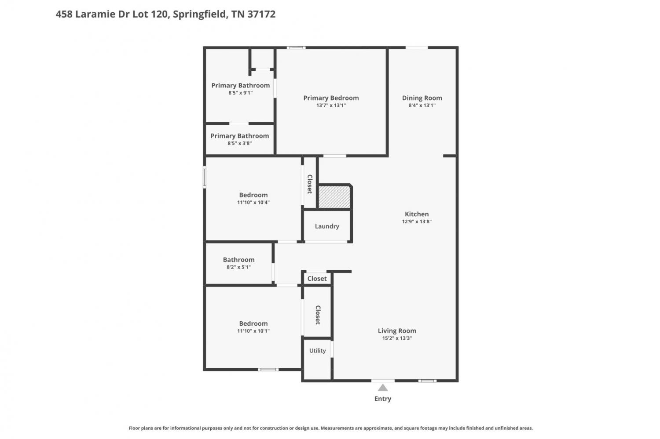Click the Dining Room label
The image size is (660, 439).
pos(422,98)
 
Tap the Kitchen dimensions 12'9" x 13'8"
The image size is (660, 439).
pos(417,221)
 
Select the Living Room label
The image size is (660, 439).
pos(397,331)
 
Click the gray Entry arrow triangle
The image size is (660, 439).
pos(383,388)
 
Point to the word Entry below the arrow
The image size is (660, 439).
pos(383,399)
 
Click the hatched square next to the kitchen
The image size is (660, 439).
pos(334,197)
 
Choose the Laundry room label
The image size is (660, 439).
pos(327,226)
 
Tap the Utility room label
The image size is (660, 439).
pos(317,350)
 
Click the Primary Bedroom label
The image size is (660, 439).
pos(331,98)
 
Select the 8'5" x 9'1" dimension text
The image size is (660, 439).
pos(240,93)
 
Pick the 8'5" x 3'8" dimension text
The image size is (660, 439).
pos(239,144)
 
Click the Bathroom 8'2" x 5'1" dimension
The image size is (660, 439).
pos(238,267)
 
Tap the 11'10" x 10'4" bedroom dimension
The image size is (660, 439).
pos(253,203)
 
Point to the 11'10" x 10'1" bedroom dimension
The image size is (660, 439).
pos(253,331)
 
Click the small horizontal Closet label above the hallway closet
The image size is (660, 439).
pos(317,279)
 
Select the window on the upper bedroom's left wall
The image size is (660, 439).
pos(205,177)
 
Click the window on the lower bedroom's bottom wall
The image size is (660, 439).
pos(268,370)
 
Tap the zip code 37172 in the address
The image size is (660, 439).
pos(261,14)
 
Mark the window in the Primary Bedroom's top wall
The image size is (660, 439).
pos(296,47)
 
